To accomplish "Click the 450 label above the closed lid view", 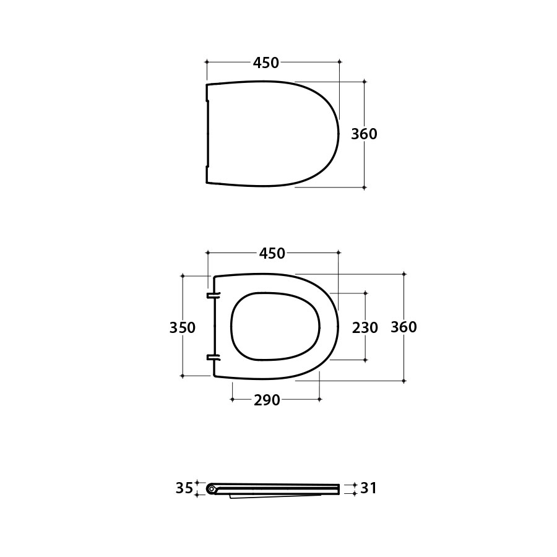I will point(266,63).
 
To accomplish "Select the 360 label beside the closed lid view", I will point(364,134).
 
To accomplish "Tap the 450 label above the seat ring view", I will point(272,253).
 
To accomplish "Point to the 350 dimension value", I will point(183,327).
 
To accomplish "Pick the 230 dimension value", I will point(365,327).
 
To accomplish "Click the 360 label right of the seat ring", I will point(404,327).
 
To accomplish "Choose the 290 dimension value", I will point(267,400).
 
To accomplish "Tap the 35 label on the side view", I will point(184,488).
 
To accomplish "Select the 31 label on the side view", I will point(369,488).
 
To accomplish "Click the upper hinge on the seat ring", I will point(213,295).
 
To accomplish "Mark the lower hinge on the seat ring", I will point(213,357).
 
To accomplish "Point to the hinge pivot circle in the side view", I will point(212,489).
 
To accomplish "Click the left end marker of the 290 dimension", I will point(232,400).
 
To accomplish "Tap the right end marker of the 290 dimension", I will point(319,400).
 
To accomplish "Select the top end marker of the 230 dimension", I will point(365,293).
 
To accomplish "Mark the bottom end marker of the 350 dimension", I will point(183,376).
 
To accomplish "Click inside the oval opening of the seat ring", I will point(275,326).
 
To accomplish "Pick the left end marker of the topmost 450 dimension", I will point(207,62).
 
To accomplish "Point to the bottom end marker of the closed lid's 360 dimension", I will point(364,187).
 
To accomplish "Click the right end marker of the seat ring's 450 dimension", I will point(339,253).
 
